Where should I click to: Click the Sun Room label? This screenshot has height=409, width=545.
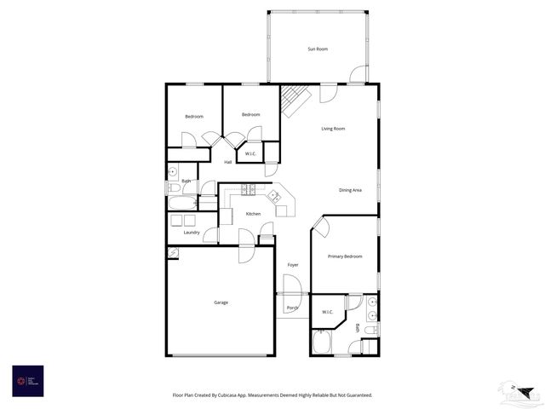317,49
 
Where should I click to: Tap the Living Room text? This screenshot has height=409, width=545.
333,129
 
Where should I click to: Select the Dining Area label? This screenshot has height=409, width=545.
350,190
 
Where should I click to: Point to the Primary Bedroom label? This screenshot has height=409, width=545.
345,256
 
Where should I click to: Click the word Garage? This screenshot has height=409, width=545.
221,302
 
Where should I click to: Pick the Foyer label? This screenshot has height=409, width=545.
293,265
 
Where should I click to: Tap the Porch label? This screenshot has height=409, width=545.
292,307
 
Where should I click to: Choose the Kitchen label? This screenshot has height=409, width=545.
253,214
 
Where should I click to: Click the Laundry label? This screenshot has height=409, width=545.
192,233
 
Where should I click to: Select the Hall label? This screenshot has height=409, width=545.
228,162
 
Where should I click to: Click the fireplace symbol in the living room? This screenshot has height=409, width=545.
295,101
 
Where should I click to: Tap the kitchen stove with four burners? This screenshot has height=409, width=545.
248,190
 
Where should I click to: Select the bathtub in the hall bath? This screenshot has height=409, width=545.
181,204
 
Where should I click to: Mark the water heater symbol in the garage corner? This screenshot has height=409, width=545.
173,252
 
